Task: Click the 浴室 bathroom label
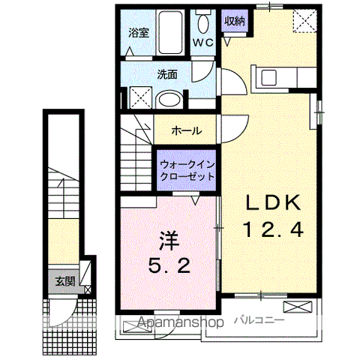coord(137,32)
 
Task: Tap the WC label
coord(203,43)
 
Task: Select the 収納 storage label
coord(234,21)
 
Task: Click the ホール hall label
coord(186,130)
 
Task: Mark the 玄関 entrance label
coord(64,282)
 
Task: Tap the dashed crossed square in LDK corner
coord(304,20)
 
